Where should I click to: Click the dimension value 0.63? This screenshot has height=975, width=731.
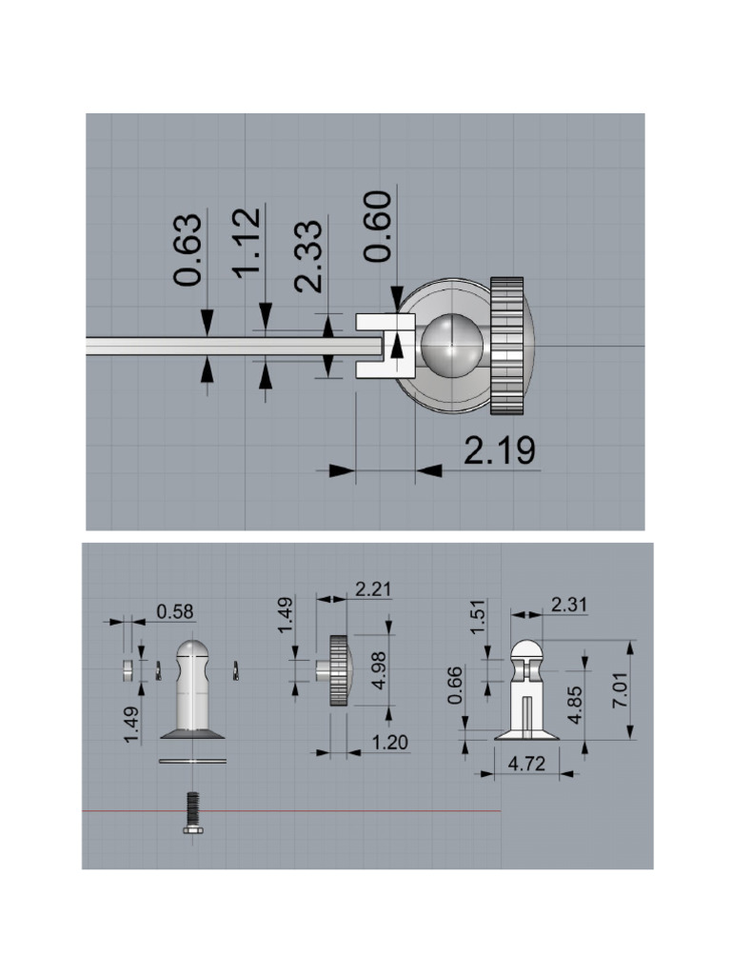tap(188, 250)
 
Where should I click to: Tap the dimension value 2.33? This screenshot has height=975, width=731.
tap(309, 256)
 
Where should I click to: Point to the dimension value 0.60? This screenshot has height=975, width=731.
tap(378, 227)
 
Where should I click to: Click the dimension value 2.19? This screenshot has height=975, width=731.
tap(500, 450)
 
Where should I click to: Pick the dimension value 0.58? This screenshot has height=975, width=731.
tap(175, 612)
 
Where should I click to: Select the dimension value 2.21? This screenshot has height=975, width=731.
tap(373, 588)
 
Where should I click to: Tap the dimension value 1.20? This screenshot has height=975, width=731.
tap(389, 742)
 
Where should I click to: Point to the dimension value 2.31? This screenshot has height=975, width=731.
tap(568, 605)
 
